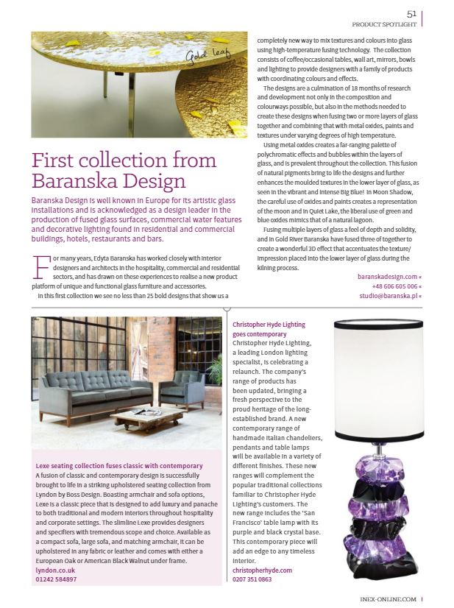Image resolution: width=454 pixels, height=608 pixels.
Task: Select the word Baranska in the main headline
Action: click(82, 181)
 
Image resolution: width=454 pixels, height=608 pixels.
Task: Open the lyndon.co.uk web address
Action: click(57, 570)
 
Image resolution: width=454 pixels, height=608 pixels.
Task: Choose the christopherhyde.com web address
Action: click(263, 570)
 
